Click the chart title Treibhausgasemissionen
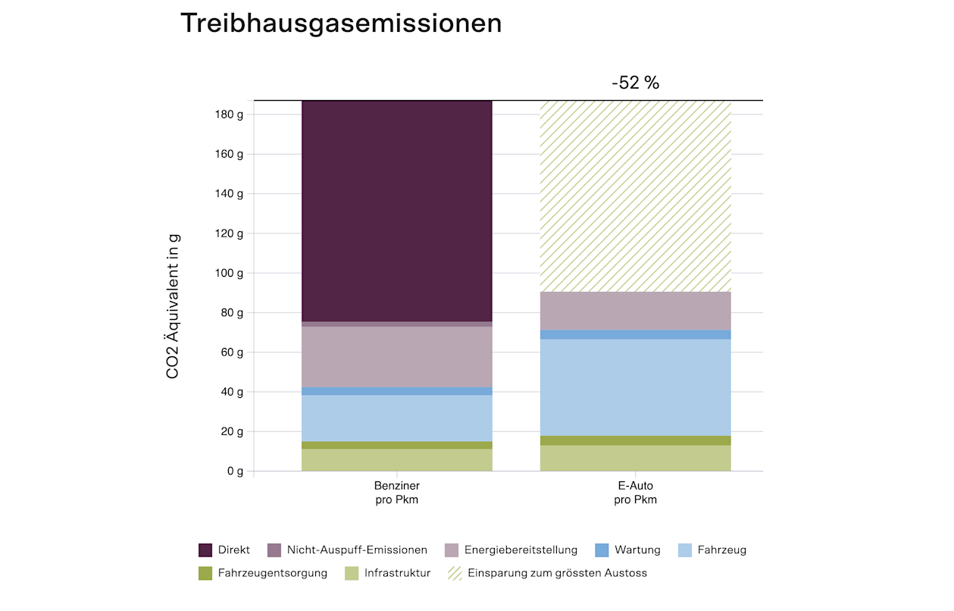click(341, 23)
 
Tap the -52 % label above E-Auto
click(635, 83)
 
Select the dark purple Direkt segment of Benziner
click(397, 211)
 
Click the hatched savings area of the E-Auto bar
click(635, 196)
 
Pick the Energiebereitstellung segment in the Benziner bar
click(397, 356)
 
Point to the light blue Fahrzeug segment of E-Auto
click(635, 387)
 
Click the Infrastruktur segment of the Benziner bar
click(397, 460)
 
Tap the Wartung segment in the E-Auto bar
click(635, 334)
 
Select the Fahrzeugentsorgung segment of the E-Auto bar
click(635, 440)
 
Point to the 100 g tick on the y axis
click(230, 273)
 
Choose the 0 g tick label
click(235, 472)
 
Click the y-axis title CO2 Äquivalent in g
click(173, 307)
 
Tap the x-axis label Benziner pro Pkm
click(397, 492)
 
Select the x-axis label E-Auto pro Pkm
click(635, 492)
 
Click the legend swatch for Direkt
click(205, 550)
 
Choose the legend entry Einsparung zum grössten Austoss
click(557, 573)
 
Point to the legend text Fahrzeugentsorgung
click(272, 573)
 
